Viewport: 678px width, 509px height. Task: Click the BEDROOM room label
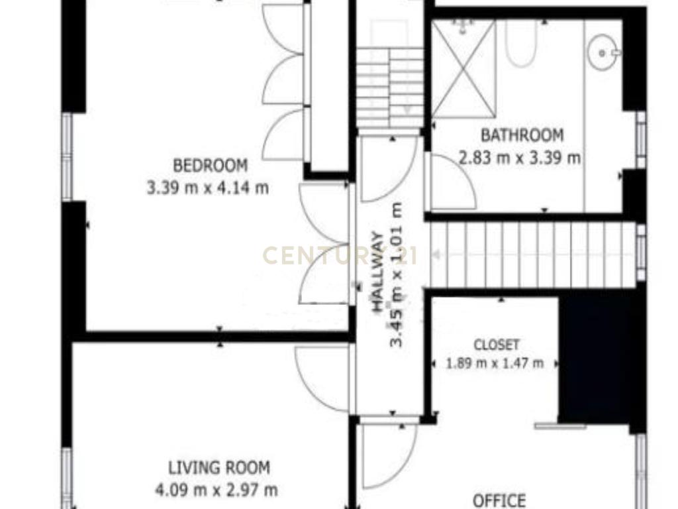click(210, 165)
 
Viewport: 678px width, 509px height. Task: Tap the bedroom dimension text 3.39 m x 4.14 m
click(208, 188)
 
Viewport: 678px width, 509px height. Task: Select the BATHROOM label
click(522, 135)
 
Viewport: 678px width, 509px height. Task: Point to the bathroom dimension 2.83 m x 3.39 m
click(519, 158)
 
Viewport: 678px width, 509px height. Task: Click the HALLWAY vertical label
click(378, 272)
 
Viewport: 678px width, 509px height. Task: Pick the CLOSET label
click(497, 345)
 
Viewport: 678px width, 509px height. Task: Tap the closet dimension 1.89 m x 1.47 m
click(495, 363)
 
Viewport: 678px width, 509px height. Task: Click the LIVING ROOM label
click(218, 467)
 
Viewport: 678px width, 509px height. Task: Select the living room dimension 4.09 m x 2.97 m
click(217, 490)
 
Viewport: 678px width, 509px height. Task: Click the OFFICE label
click(499, 501)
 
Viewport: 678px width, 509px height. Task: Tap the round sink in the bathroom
click(603, 52)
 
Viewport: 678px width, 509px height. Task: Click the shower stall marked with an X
click(463, 69)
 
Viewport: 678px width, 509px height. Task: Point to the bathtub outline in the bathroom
click(521, 43)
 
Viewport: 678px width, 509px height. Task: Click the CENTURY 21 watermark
click(340, 255)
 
